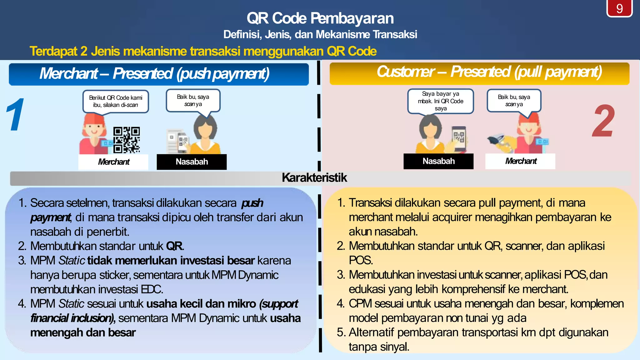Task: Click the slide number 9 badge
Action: point(619,8)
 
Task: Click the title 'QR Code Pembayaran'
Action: point(320,18)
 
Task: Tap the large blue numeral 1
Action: point(16,115)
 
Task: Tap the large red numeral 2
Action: point(603,121)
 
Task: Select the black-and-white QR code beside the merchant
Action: point(126,140)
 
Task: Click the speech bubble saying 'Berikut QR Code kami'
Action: point(116,101)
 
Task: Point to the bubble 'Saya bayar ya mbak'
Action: point(440,101)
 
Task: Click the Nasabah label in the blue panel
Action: point(192,162)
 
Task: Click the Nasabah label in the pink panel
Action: point(438,161)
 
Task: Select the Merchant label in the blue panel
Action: point(113,162)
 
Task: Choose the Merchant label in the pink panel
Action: point(520,161)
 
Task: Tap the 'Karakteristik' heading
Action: point(314,178)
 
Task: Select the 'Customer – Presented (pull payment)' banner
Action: point(489,72)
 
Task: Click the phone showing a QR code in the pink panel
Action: point(459,138)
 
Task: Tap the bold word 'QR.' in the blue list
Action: point(175,246)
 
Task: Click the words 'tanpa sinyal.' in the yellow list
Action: point(379,347)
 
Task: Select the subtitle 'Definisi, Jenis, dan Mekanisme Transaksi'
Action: point(320,34)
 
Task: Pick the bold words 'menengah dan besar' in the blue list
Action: point(83,333)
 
